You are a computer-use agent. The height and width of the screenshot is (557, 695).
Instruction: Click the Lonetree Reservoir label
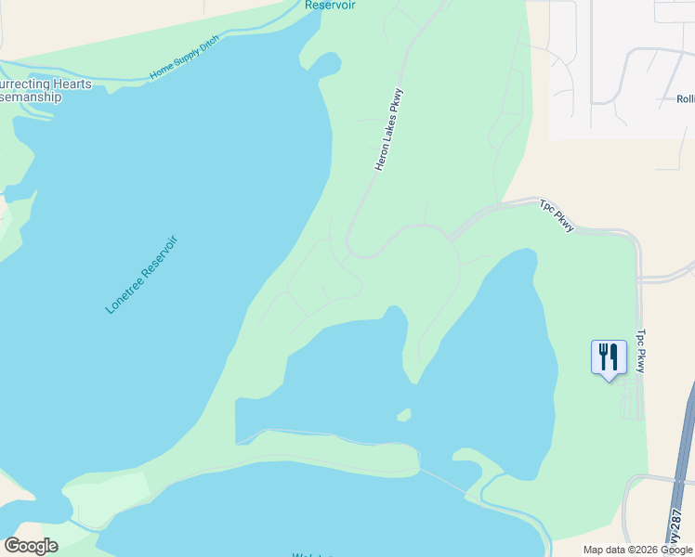click(x=141, y=275)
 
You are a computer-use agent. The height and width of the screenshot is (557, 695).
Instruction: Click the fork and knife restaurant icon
click(x=609, y=356)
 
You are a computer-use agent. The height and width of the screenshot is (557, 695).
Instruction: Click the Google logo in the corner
click(x=31, y=546)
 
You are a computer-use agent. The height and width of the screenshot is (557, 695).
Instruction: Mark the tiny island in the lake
click(x=403, y=414)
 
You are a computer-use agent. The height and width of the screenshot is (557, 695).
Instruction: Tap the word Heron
click(x=381, y=157)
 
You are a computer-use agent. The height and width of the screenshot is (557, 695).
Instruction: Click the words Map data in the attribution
click(x=604, y=550)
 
